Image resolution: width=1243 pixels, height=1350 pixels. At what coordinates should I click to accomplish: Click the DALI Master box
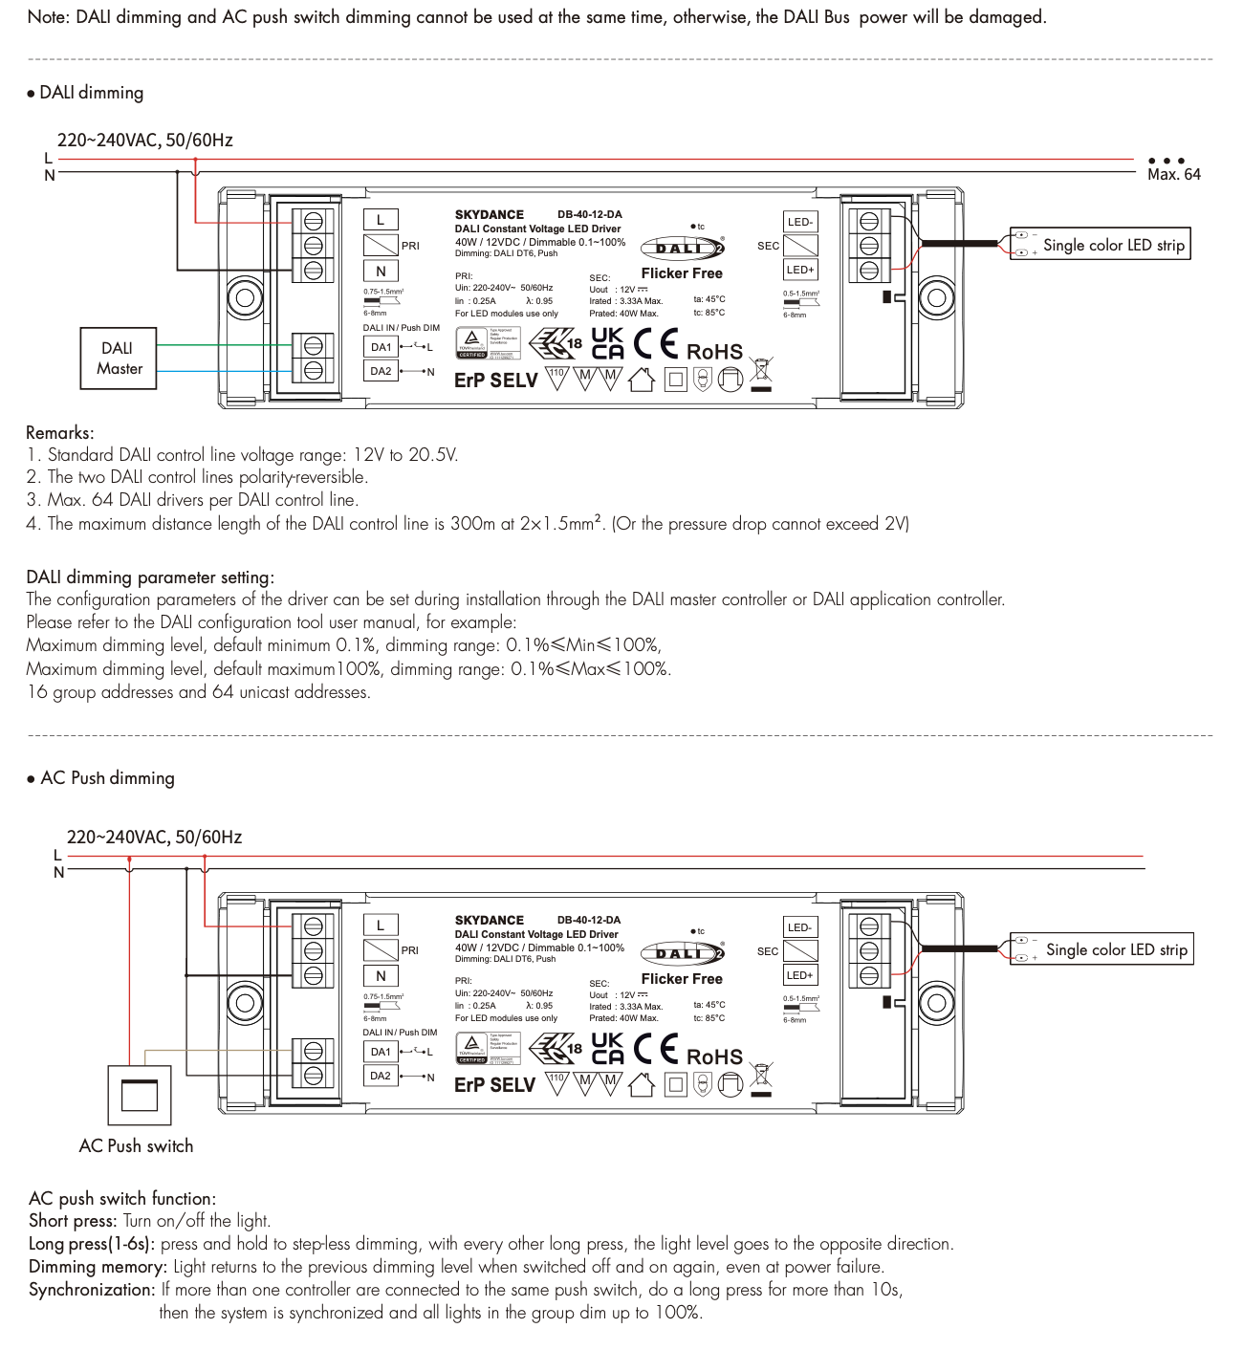point(119,359)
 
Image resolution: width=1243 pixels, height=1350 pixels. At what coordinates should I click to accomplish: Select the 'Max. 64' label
point(1173,174)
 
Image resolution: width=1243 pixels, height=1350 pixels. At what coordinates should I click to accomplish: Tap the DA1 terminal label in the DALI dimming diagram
point(381,347)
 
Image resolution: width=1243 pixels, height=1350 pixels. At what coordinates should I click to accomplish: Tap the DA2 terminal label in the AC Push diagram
point(381,1076)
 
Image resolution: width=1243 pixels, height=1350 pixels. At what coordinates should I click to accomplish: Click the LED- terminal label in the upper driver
point(800,222)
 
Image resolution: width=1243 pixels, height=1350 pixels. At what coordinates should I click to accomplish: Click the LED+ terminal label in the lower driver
point(800,975)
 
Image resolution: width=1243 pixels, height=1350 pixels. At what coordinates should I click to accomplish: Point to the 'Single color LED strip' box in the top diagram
point(1101,245)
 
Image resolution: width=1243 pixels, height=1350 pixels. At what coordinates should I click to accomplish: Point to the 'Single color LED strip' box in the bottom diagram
point(1102,949)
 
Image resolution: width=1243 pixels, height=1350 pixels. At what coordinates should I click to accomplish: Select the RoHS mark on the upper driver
point(714,352)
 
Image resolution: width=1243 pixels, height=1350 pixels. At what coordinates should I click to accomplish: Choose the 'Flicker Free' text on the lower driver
point(682,979)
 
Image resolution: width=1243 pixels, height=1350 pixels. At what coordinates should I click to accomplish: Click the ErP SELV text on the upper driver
point(495,381)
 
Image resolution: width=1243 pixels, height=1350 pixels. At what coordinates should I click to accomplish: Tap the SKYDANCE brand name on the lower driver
point(490,920)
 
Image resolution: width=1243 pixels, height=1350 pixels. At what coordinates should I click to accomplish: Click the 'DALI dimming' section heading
point(91,93)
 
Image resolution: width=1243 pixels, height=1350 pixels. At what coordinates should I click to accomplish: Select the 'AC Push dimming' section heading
point(107,778)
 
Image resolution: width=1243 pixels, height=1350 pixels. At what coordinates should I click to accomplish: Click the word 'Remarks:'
point(60,432)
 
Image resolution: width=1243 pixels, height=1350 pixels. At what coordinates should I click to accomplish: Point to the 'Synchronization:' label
point(92,1290)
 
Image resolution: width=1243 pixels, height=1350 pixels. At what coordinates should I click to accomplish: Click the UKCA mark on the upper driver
point(608,343)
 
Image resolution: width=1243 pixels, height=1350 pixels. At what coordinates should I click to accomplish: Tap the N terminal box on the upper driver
point(381,272)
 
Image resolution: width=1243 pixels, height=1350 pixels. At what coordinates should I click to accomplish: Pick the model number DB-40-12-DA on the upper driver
point(589,214)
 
